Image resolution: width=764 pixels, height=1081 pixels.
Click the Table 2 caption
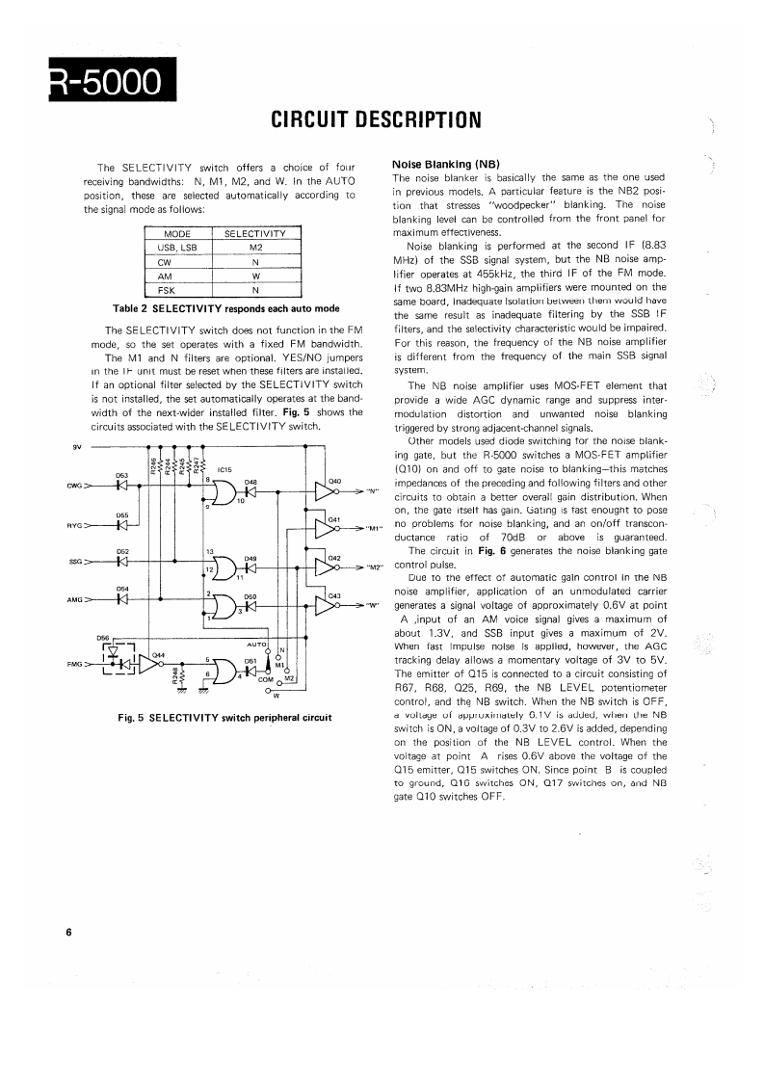pos(225,308)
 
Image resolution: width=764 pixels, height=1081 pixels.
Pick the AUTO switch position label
pos(256,643)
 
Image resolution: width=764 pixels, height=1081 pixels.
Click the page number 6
pos(69,933)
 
